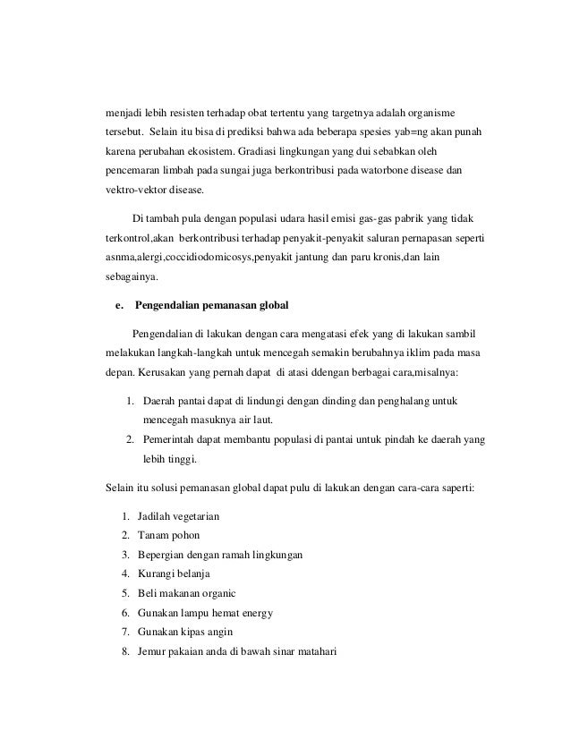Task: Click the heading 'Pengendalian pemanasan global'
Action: (x=211, y=305)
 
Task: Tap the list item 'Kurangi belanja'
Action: (x=176, y=573)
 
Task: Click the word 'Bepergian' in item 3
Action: (x=164, y=555)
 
